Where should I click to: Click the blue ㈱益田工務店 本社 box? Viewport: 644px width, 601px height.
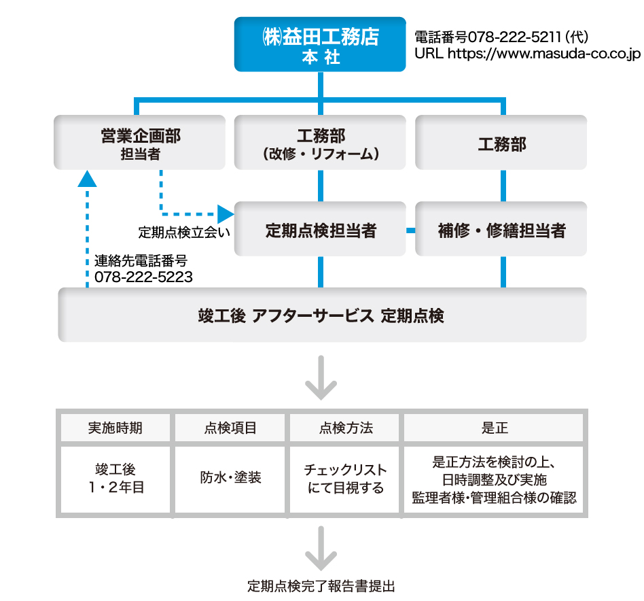(x=320, y=44)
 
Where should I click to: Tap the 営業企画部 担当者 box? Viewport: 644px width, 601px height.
(x=140, y=142)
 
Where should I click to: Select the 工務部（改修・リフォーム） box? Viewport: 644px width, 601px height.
(x=320, y=142)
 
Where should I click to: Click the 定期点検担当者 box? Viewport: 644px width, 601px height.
(x=320, y=229)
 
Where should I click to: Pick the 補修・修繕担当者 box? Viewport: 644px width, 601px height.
(x=501, y=229)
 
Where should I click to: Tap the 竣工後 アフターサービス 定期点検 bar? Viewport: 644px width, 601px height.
(x=322, y=315)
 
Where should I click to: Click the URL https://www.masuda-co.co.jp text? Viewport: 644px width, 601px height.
(x=527, y=53)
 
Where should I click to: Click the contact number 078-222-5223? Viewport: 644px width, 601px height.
(x=143, y=277)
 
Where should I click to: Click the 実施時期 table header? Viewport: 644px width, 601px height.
(x=115, y=428)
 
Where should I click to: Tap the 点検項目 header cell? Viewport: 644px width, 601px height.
(x=231, y=428)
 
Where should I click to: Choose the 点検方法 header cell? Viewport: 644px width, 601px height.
(x=346, y=428)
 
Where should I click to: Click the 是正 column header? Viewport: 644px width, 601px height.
(x=494, y=428)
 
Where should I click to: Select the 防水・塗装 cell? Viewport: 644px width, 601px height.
(x=231, y=478)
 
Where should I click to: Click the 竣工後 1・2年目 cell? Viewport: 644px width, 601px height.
(x=115, y=478)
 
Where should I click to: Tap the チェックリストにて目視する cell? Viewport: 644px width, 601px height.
(x=346, y=478)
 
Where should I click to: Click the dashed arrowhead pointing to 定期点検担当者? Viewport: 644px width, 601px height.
(x=226, y=211)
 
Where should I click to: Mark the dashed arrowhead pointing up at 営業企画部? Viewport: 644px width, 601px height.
(x=88, y=178)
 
